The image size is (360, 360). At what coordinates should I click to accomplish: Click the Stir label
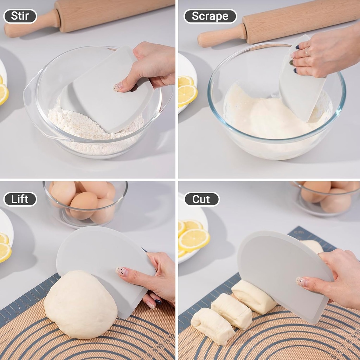[x=20, y=16]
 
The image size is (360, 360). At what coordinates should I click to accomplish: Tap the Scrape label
[x=210, y=16]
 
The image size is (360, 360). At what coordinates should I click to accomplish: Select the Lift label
[x=20, y=199]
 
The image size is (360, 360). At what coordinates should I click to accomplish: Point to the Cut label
[x=201, y=199]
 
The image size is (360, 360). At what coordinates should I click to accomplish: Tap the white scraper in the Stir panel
[x=109, y=91]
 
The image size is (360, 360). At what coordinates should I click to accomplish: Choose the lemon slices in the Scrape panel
[x=187, y=91]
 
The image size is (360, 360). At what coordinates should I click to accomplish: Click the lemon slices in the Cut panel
[x=192, y=237]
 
